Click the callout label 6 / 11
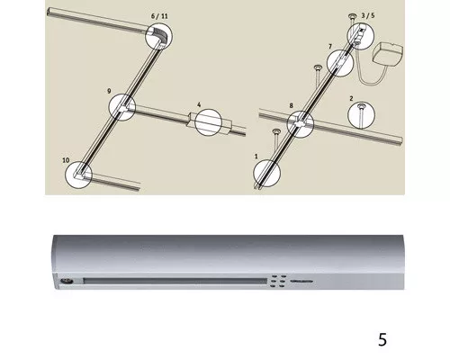(x=159, y=16)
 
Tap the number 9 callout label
(x=109, y=91)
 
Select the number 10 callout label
(x=66, y=160)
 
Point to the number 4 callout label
(x=199, y=104)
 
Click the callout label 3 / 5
(x=368, y=15)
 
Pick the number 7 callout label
(x=330, y=47)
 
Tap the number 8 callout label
(x=291, y=105)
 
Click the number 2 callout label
(x=351, y=98)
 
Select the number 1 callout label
(x=256, y=157)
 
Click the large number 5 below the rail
(x=382, y=340)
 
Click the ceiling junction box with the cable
(x=388, y=55)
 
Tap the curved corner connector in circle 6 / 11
(x=159, y=35)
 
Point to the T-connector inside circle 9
(x=123, y=107)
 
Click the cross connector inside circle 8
(x=300, y=123)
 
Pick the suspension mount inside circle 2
(x=361, y=112)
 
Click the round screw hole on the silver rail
(x=66, y=281)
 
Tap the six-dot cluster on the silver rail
(x=279, y=281)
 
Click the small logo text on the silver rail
(x=301, y=282)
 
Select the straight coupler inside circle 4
(x=208, y=122)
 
